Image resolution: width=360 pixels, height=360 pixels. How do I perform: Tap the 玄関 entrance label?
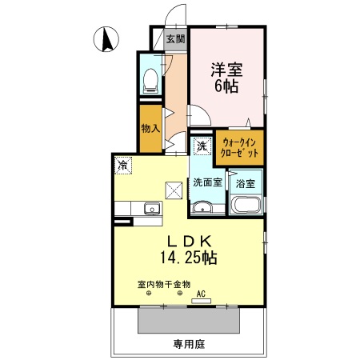(175, 38)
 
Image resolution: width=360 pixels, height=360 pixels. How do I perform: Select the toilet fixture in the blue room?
(150, 78)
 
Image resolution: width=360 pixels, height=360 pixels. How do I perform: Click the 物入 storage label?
(150, 128)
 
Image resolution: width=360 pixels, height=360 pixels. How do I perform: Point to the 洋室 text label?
(224, 70)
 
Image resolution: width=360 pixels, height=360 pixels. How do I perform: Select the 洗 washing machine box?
(201, 146)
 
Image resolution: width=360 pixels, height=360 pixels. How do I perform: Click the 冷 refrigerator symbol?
(123, 165)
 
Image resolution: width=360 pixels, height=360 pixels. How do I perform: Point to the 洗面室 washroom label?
(206, 182)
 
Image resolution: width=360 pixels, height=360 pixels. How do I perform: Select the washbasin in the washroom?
(203, 209)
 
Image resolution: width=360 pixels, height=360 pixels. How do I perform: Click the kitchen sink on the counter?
(150, 209)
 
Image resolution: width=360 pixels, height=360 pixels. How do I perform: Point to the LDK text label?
(189, 241)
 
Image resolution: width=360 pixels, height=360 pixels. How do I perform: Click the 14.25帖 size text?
(190, 258)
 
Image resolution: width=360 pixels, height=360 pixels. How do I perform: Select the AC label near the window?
(202, 294)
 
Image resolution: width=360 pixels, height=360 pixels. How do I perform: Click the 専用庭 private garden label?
(190, 345)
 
